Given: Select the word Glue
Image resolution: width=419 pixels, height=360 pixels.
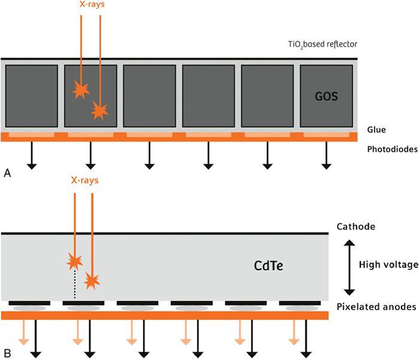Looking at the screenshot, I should (x=376, y=129).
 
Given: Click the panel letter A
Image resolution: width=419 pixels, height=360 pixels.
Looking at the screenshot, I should (x=7, y=173).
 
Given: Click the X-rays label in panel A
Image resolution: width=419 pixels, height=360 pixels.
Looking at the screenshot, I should (x=90, y=5).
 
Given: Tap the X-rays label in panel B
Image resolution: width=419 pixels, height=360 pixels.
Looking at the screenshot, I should (x=84, y=180).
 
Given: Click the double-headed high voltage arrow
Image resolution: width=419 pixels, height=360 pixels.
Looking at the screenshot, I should (x=348, y=264).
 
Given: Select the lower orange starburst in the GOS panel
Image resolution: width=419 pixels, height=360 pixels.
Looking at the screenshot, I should (x=99, y=110).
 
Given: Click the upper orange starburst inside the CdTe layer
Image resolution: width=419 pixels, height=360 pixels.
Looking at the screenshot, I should (x=74, y=261).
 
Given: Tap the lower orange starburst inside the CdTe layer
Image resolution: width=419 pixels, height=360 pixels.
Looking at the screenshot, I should (x=92, y=280).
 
